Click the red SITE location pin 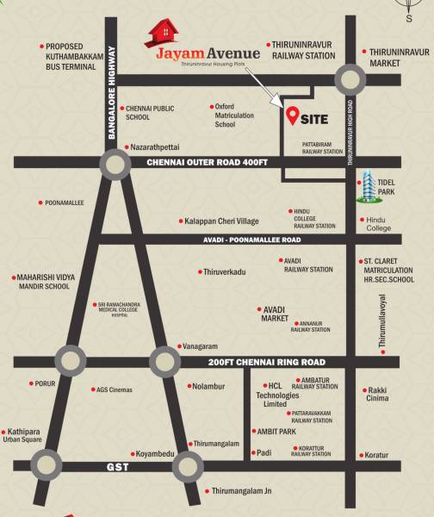click(x=293, y=114)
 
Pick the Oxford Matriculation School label click(x=237, y=115)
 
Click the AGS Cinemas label click(x=115, y=390)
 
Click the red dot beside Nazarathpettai click(x=125, y=147)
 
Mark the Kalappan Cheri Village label click(x=221, y=221)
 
